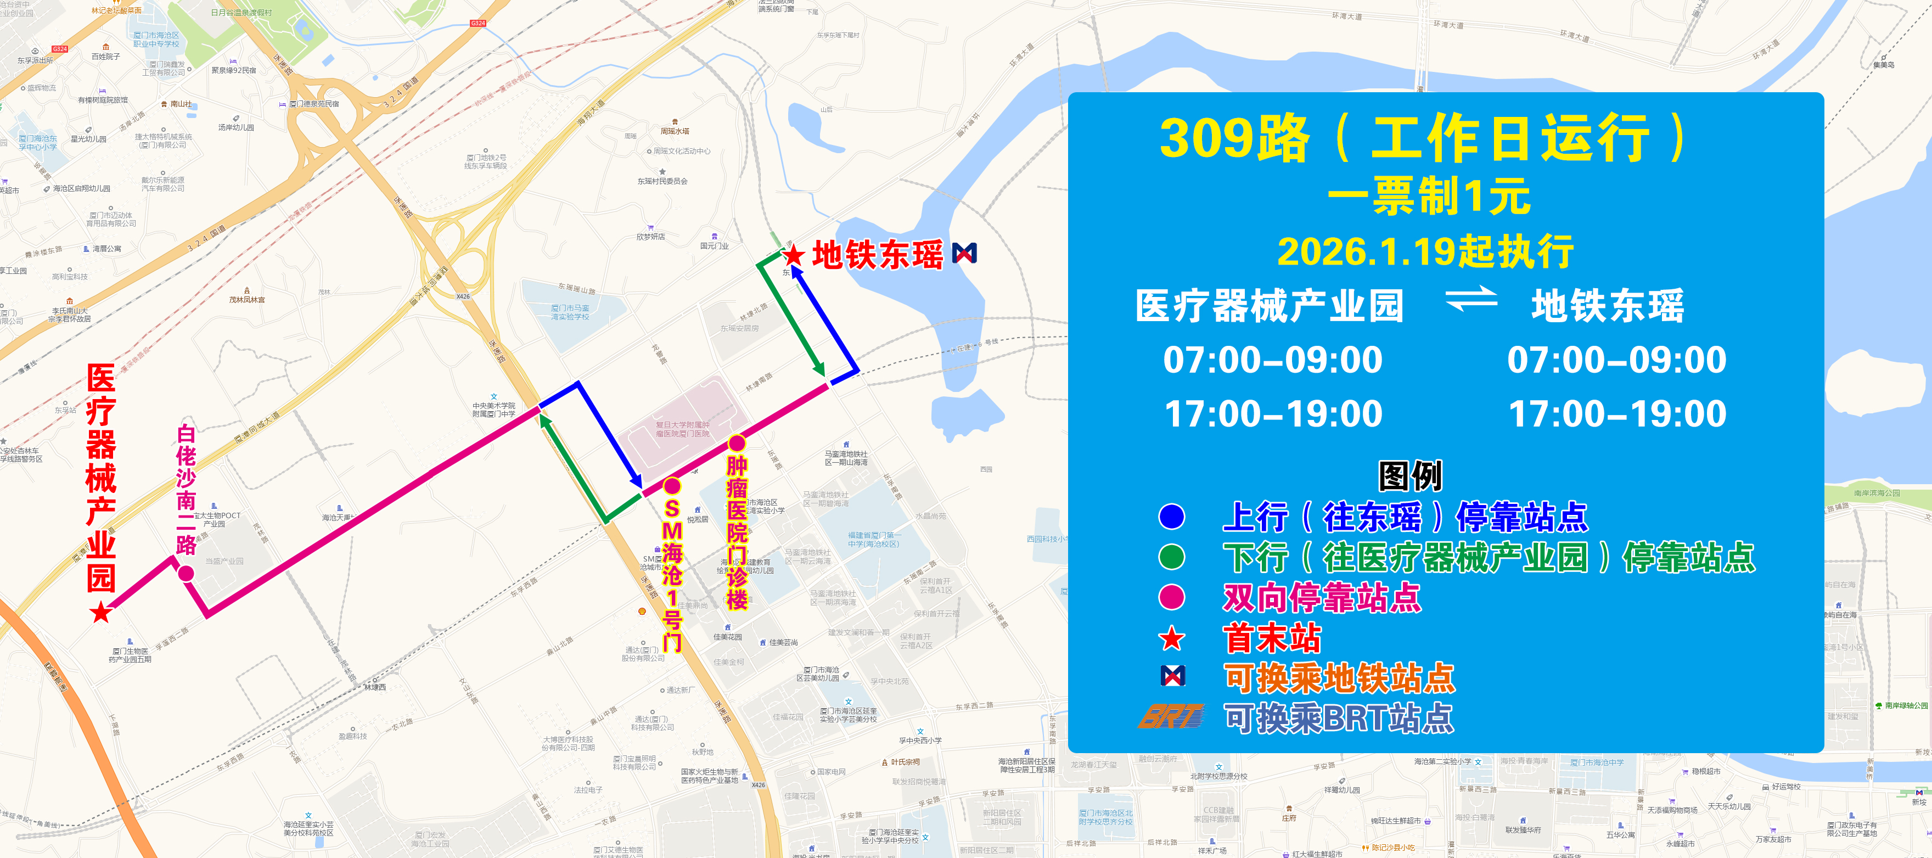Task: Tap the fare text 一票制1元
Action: click(x=1429, y=197)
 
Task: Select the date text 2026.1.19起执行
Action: click(x=1425, y=251)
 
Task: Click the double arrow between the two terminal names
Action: click(x=1471, y=300)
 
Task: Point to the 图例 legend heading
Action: click(x=1410, y=475)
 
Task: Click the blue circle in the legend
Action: click(x=1171, y=516)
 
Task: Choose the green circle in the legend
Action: click(x=1171, y=557)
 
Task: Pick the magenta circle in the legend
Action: click(x=1171, y=597)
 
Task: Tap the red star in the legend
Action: click(x=1171, y=639)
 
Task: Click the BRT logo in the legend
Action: click(x=1171, y=717)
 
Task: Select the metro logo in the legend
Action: click(x=1173, y=676)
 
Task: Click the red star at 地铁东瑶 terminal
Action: click(x=794, y=256)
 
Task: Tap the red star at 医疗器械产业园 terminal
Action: click(x=100, y=613)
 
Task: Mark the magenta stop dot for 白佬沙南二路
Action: click(x=186, y=574)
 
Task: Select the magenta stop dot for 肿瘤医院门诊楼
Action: click(x=737, y=443)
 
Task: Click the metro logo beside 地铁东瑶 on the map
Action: click(x=964, y=254)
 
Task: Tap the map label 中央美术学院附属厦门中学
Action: click(x=493, y=410)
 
